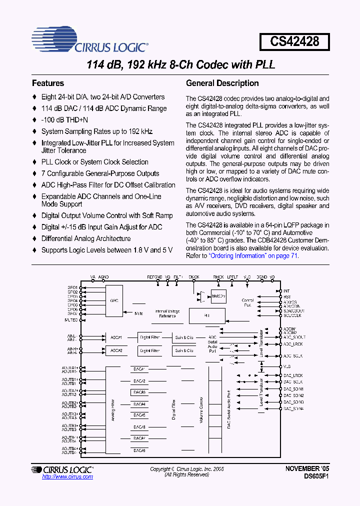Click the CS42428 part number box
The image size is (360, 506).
(294, 40)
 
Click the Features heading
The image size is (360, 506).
(48, 83)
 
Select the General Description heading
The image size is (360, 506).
(222, 83)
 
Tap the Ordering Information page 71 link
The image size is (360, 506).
(253, 255)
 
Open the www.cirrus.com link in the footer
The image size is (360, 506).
(67, 477)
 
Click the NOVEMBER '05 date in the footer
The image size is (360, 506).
(307, 469)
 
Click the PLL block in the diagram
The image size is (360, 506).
(206, 316)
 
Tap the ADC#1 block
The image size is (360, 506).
(116, 337)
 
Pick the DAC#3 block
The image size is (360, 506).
(139, 392)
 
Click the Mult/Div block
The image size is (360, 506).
(218, 296)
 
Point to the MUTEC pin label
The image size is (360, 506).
(71, 319)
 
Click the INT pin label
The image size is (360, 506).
(286, 290)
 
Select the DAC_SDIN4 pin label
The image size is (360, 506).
(293, 408)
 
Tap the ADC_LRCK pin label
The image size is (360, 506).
(293, 344)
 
